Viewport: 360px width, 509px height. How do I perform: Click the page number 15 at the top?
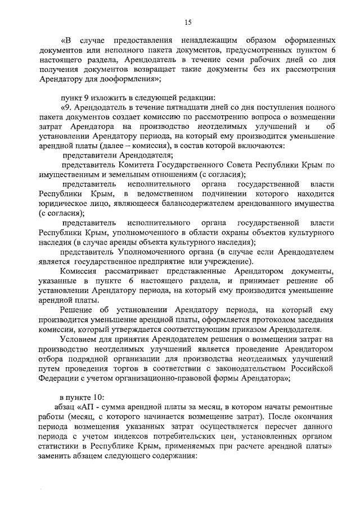click(188, 21)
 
